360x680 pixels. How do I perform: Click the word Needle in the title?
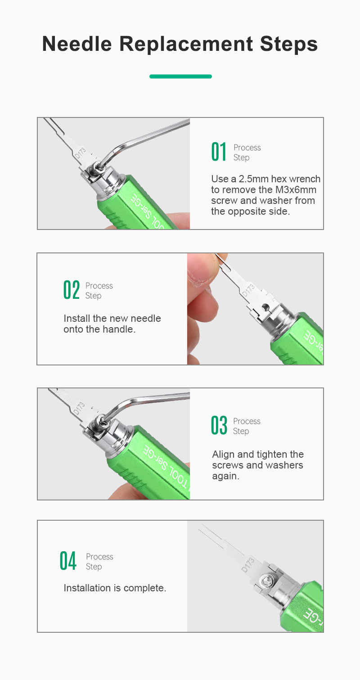[x=77, y=44]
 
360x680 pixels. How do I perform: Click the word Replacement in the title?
[x=186, y=44]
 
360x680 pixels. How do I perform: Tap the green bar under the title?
[x=180, y=77]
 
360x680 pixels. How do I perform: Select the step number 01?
[x=219, y=152]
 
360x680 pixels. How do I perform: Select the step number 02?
[x=72, y=290]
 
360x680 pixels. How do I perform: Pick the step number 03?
[x=219, y=425]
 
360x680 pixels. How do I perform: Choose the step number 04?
[x=68, y=561]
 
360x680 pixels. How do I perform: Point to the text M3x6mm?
[x=296, y=190]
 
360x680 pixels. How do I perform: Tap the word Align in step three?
[x=224, y=455]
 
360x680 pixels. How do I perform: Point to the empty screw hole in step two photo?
[x=265, y=306]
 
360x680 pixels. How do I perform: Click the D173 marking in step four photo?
[x=248, y=565]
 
